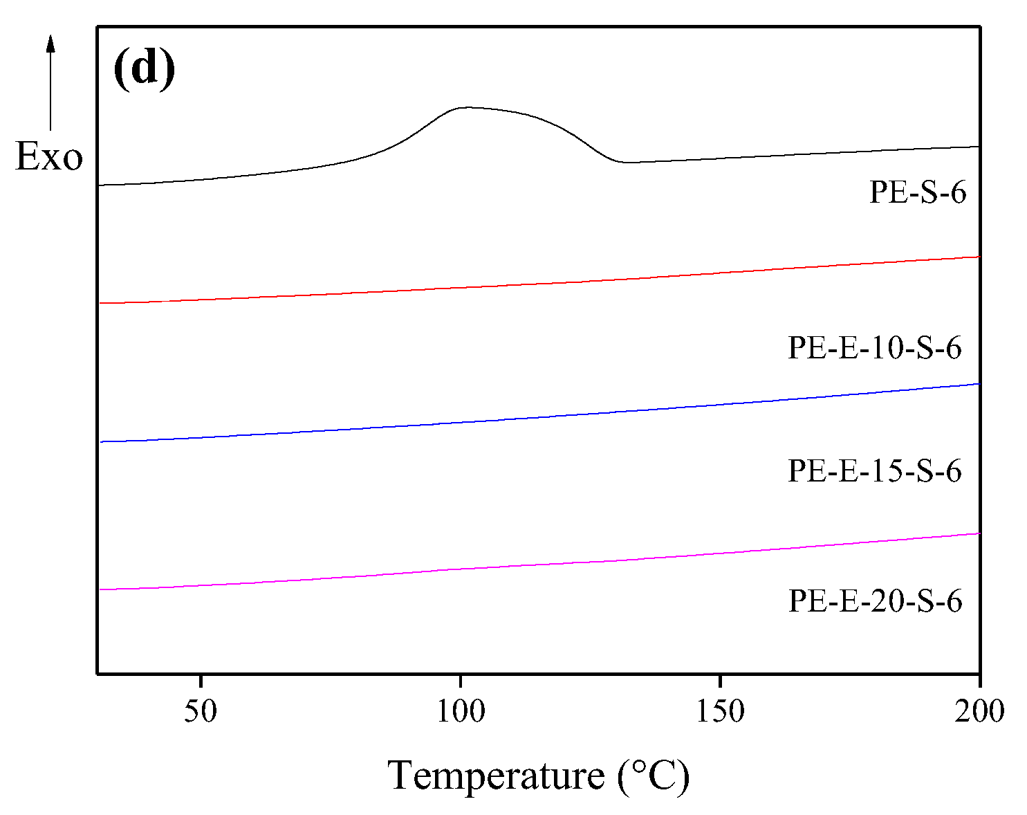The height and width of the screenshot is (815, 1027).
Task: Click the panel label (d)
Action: [144, 70]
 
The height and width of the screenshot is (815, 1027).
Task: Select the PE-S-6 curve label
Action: [917, 192]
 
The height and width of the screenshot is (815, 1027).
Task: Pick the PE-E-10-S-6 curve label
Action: [875, 347]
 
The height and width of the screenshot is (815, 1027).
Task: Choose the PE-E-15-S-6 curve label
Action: [875, 471]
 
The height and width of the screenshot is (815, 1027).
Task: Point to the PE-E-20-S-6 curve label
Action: [875, 601]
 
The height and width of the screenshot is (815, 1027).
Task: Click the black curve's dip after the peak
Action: [627, 163]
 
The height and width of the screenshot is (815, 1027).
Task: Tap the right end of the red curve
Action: [979, 257]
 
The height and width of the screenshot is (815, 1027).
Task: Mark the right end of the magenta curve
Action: [979, 533]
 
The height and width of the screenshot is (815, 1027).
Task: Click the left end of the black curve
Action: [99, 185]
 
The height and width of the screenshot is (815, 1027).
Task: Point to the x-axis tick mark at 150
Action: [720, 679]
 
